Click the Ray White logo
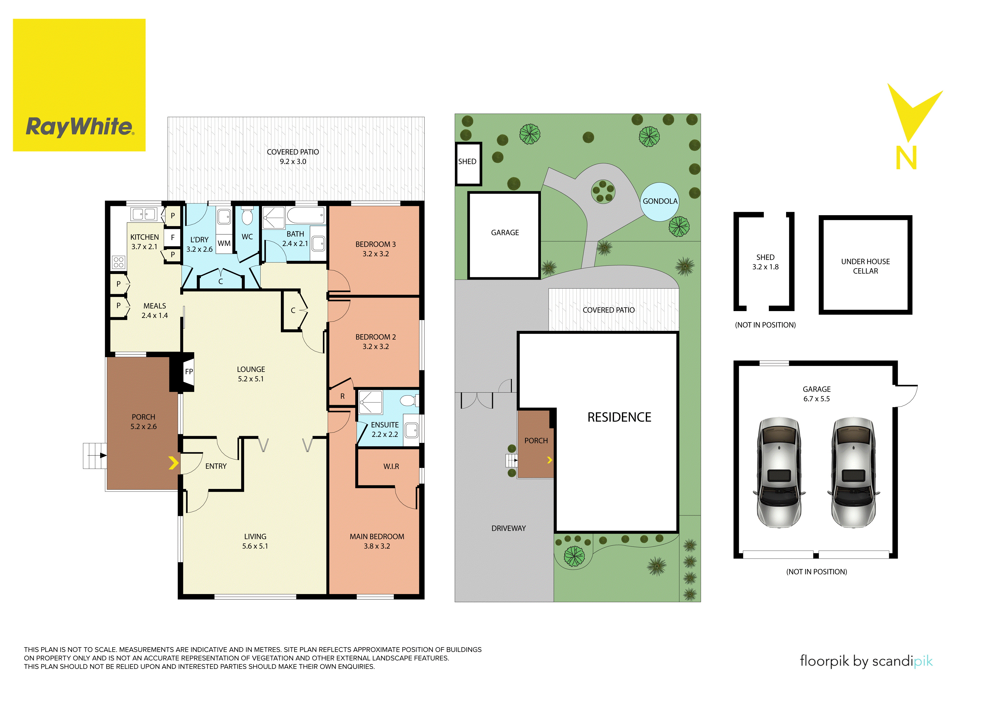click(79, 85)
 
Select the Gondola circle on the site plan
click(659, 201)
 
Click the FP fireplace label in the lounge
click(189, 372)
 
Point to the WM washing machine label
click(224, 244)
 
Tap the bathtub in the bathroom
click(305, 215)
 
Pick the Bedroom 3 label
click(375, 244)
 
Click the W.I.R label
click(391, 466)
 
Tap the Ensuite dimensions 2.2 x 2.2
click(385, 434)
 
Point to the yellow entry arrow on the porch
click(173, 463)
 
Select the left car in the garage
click(779, 473)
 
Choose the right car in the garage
click(854, 473)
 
